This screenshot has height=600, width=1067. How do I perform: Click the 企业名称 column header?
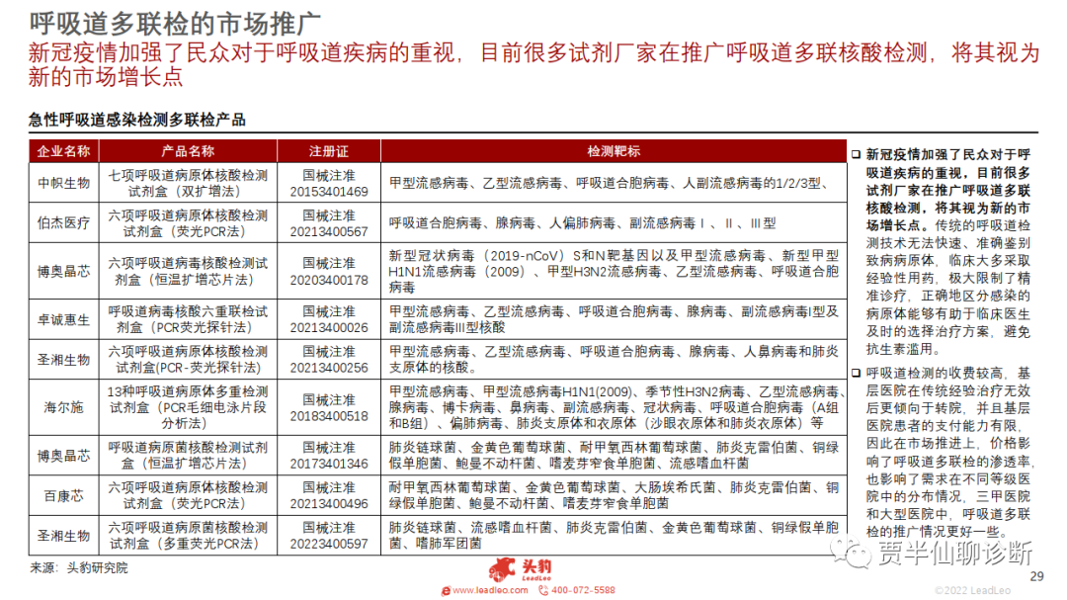pyautogui.click(x=63, y=151)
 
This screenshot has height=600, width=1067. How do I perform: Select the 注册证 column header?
pyautogui.click(x=329, y=151)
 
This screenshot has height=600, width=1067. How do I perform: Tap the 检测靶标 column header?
pyautogui.click(x=613, y=151)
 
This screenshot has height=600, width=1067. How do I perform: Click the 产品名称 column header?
pyautogui.click(x=187, y=151)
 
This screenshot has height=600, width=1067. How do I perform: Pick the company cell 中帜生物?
pyautogui.click(x=63, y=183)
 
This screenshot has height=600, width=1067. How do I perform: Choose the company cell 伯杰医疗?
pyautogui.click(x=63, y=223)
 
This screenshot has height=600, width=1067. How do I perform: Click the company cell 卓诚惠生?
pyautogui.click(x=63, y=320)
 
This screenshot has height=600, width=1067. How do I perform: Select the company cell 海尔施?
pyautogui.click(x=63, y=407)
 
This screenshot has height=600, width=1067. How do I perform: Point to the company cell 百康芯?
pyautogui.click(x=63, y=495)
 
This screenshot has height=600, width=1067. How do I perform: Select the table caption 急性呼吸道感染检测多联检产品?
pyautogui.click(x=137, y=120)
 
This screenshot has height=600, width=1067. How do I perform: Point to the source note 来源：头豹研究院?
pyautogui.click(x=79, y=567)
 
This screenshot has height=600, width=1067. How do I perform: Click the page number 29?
pyautogui.click(x=1036, y=577)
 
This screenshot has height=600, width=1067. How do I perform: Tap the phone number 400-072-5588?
pyautogui.click(x=582, y=590)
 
